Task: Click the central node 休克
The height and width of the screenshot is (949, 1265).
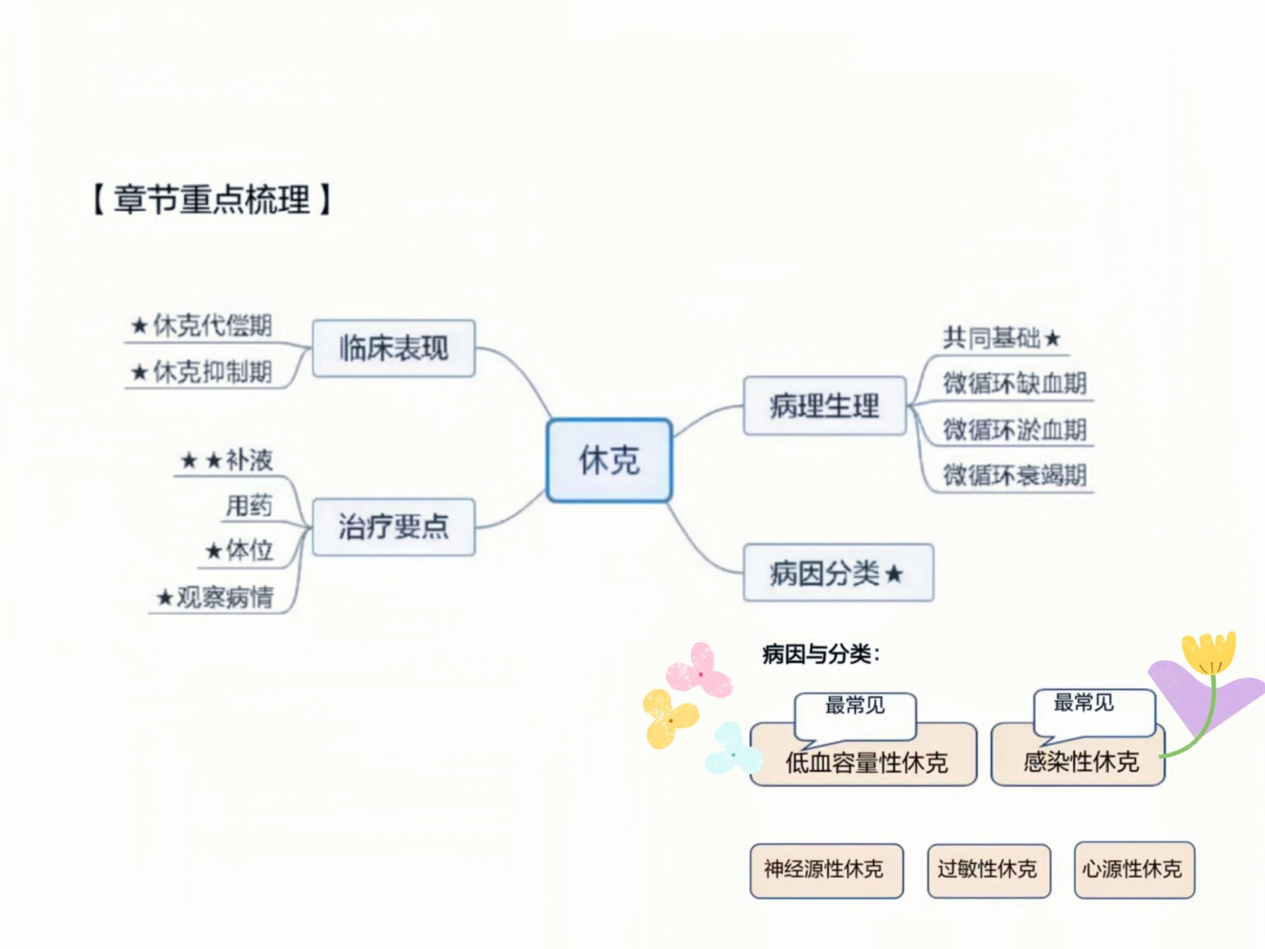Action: [609, 460]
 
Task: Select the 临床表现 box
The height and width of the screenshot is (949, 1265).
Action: [393, 348]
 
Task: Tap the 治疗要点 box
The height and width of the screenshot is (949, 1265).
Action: [393, 527]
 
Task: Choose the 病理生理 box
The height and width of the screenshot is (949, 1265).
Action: [824, 405]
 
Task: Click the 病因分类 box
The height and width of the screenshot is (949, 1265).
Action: [837, 573]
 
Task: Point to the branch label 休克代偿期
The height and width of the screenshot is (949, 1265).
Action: [211, 326]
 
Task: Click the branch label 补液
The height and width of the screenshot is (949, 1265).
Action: [248, 460]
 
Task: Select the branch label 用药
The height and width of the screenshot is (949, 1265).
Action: [248, 505]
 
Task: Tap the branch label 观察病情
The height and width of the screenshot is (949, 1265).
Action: [224, 597]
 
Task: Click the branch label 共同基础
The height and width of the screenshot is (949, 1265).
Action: [992, 338]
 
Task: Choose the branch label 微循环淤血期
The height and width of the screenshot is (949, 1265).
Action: [1014, 430]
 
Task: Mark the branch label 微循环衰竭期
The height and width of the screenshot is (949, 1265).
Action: [1014, 475]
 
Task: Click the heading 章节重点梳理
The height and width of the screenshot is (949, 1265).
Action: [211, 199]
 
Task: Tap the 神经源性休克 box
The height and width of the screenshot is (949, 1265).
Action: [826, 870]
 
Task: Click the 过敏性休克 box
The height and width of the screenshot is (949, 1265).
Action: [988, 870]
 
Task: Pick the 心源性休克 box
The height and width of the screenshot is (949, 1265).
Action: [1133, 870]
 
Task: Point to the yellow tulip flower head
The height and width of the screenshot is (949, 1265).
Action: [1208, 651]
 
